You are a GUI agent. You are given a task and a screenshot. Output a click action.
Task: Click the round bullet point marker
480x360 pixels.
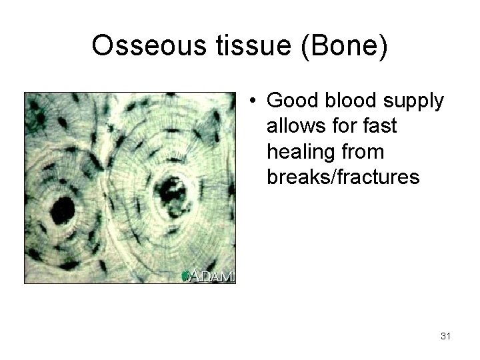pos(254,101)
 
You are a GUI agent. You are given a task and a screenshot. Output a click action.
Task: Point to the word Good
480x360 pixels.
pos(291,101)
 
